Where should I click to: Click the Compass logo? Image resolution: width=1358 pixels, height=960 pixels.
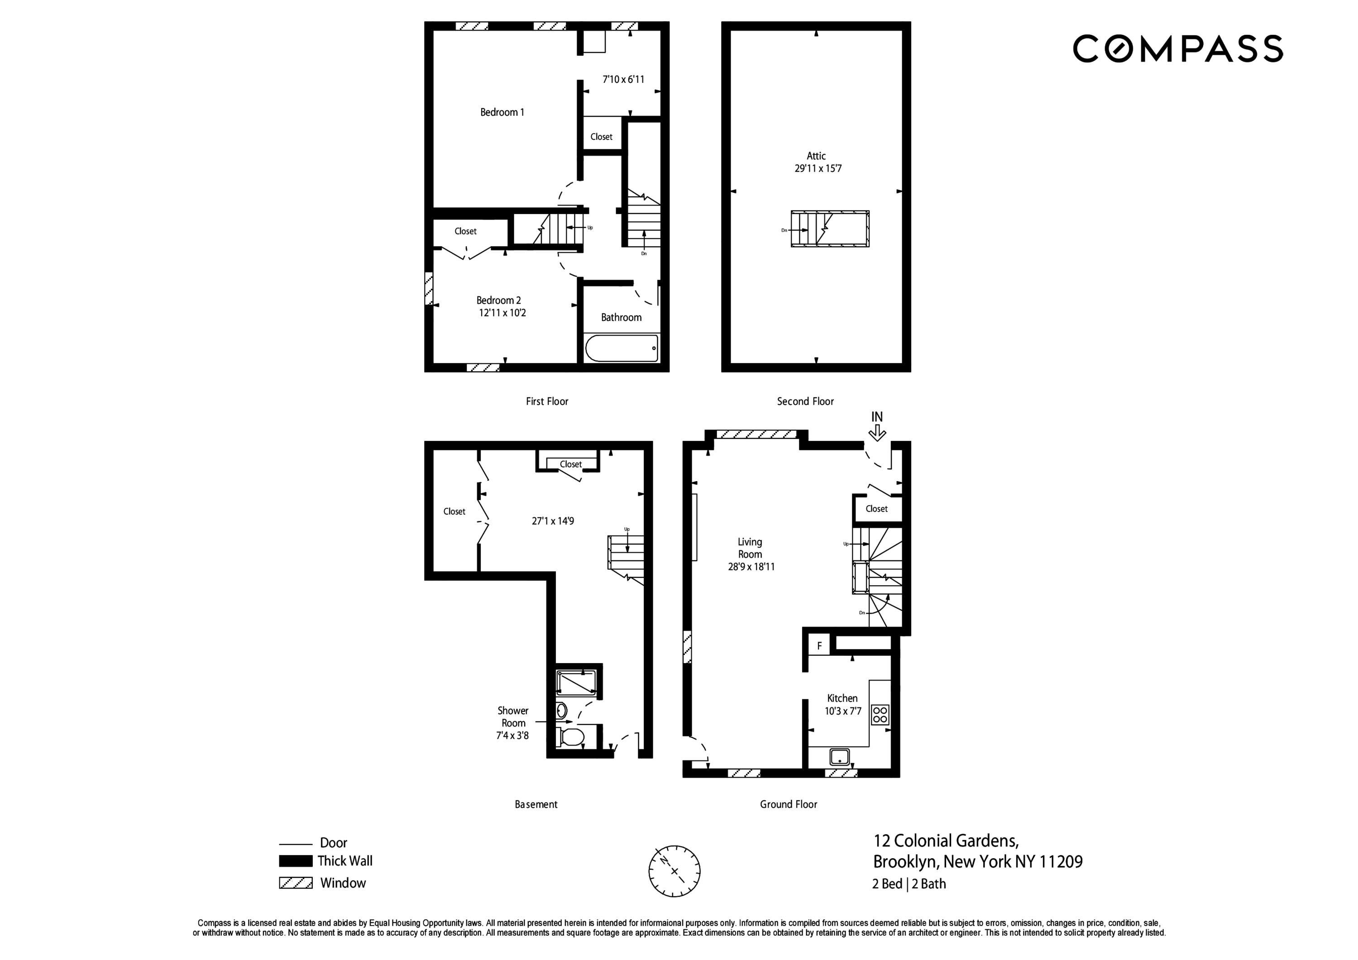pyautogui.click(x=1177, y=48)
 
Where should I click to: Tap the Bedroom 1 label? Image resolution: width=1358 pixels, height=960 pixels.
pyautogui.click(x=502, y=112)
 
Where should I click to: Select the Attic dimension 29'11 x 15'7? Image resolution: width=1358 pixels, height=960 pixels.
pyautogui.click(x=818, y=168)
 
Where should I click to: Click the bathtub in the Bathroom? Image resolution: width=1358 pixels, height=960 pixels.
pyautogui.click(x=621, y=349)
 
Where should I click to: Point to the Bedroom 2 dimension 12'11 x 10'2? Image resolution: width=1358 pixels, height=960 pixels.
pyautogui.click(x=502, y=313)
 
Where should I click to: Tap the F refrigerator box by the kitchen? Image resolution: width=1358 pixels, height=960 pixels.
pyautogui.click(x=819, y=646)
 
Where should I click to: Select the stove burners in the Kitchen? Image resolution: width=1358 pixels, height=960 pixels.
pyautogui.click(x=880, y=715)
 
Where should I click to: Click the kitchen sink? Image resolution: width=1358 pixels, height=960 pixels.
pyautogui.click(x=839, y=757)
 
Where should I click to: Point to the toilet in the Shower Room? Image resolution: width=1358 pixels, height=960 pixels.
pyautogui.click(x=571, y=737)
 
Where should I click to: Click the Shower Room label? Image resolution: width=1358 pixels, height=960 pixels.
pyautogui.click(x=513, y=716)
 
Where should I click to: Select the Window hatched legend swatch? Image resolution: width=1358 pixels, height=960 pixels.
pyautogui.click(x=296, y=883)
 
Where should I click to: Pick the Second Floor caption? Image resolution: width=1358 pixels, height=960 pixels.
pyautogui.click(x=805, y=401)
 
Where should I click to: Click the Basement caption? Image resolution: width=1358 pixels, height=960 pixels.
pyautogui.click(x=536, y=804)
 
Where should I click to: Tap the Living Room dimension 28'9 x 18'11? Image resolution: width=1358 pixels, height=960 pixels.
pyautogui.click(x=751, y=567)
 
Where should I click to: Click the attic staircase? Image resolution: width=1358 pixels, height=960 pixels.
pyautogui.click(x=830, y=228)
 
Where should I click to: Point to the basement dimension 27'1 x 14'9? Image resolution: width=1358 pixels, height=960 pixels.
pyautogui.click(x=552, y=521)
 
